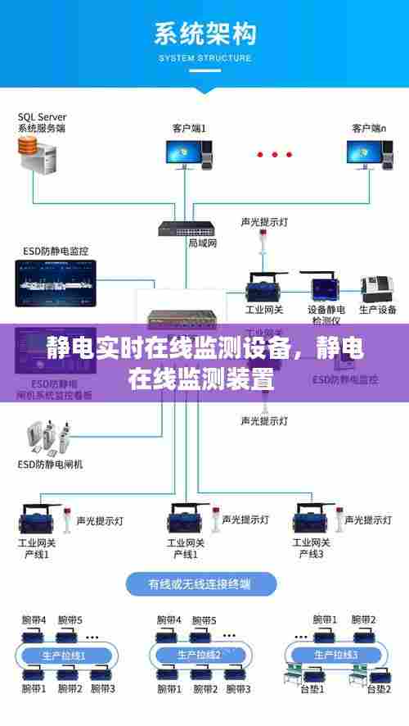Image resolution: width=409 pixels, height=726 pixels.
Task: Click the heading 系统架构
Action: (x=204, y=35)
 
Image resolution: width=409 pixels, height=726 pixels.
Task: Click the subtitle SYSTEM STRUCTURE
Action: (x=204, y=58)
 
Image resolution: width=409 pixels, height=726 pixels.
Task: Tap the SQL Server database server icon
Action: (x=36, y=155)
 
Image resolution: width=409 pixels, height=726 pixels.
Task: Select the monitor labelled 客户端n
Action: (x=366, y=155)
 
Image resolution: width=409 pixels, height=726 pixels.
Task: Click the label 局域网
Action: (x=202, y=243)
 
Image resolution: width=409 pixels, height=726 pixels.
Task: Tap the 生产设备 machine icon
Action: (x=378, y=288)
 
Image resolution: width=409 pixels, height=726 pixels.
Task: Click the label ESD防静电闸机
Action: (x=50, y=464)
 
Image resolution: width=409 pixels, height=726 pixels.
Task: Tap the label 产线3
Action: (x=310, y=554)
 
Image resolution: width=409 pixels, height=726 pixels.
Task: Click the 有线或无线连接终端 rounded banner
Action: (x=200, y=585)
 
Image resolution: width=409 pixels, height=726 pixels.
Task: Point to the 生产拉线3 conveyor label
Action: (x=335, y=655)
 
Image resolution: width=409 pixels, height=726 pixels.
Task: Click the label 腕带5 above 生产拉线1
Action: (x=70, y=619)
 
